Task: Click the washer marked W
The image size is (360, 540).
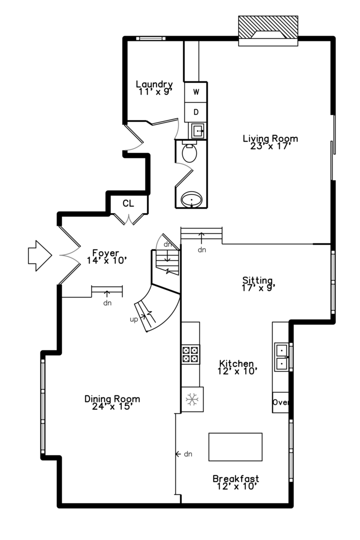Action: [196, 92]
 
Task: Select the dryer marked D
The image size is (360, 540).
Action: [196, 112]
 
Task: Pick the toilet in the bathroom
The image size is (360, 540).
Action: [189, 152]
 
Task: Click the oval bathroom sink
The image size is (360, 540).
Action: [191, 200]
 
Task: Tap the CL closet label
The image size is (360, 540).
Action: [128, 203]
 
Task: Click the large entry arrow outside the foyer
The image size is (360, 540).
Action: [40, 255]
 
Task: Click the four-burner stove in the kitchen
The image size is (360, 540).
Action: [190, 353]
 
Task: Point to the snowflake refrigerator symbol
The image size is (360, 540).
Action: [191, 399]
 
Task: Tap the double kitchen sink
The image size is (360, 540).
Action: [282, 356]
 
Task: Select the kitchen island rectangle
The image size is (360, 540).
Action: [235, 446]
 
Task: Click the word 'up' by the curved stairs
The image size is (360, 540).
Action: [133, 318]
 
